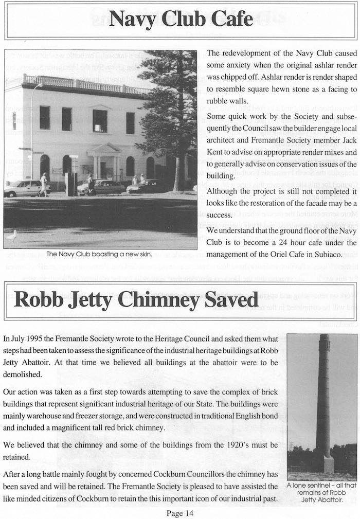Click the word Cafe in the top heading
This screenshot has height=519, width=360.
tap(229, 19)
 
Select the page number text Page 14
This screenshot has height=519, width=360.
tap(179, 512)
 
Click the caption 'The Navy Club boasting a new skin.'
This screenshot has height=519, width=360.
tap(99, 254)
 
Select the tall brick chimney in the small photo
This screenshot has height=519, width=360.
tap(324, 401)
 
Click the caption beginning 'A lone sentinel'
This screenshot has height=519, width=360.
tap(321, 492)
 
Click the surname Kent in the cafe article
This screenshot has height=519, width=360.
tap(217, 152)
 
